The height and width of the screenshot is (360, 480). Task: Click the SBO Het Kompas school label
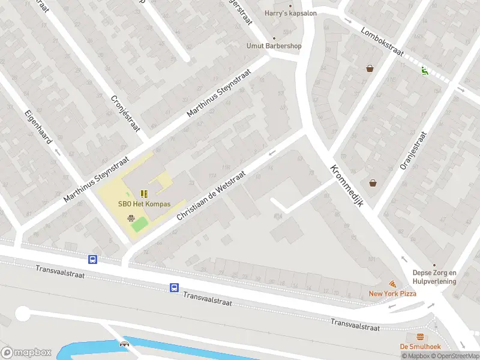click(144, 204)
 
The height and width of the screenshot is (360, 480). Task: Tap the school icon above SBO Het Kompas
click(144, 193)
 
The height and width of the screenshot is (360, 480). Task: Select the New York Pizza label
click(392, 293)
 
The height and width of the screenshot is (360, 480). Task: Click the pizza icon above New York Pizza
click(392, 283)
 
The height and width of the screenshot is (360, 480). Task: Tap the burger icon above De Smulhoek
click(420, 336)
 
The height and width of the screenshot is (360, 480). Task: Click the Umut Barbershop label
click(274, 46)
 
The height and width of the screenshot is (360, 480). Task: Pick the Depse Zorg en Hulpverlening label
click(434, 277)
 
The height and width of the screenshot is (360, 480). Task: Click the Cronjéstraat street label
click(125, 113)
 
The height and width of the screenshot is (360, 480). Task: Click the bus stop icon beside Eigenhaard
click(92, 259)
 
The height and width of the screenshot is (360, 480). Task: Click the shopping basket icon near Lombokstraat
click(370, 68)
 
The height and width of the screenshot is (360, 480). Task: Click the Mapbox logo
click(26, 353)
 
